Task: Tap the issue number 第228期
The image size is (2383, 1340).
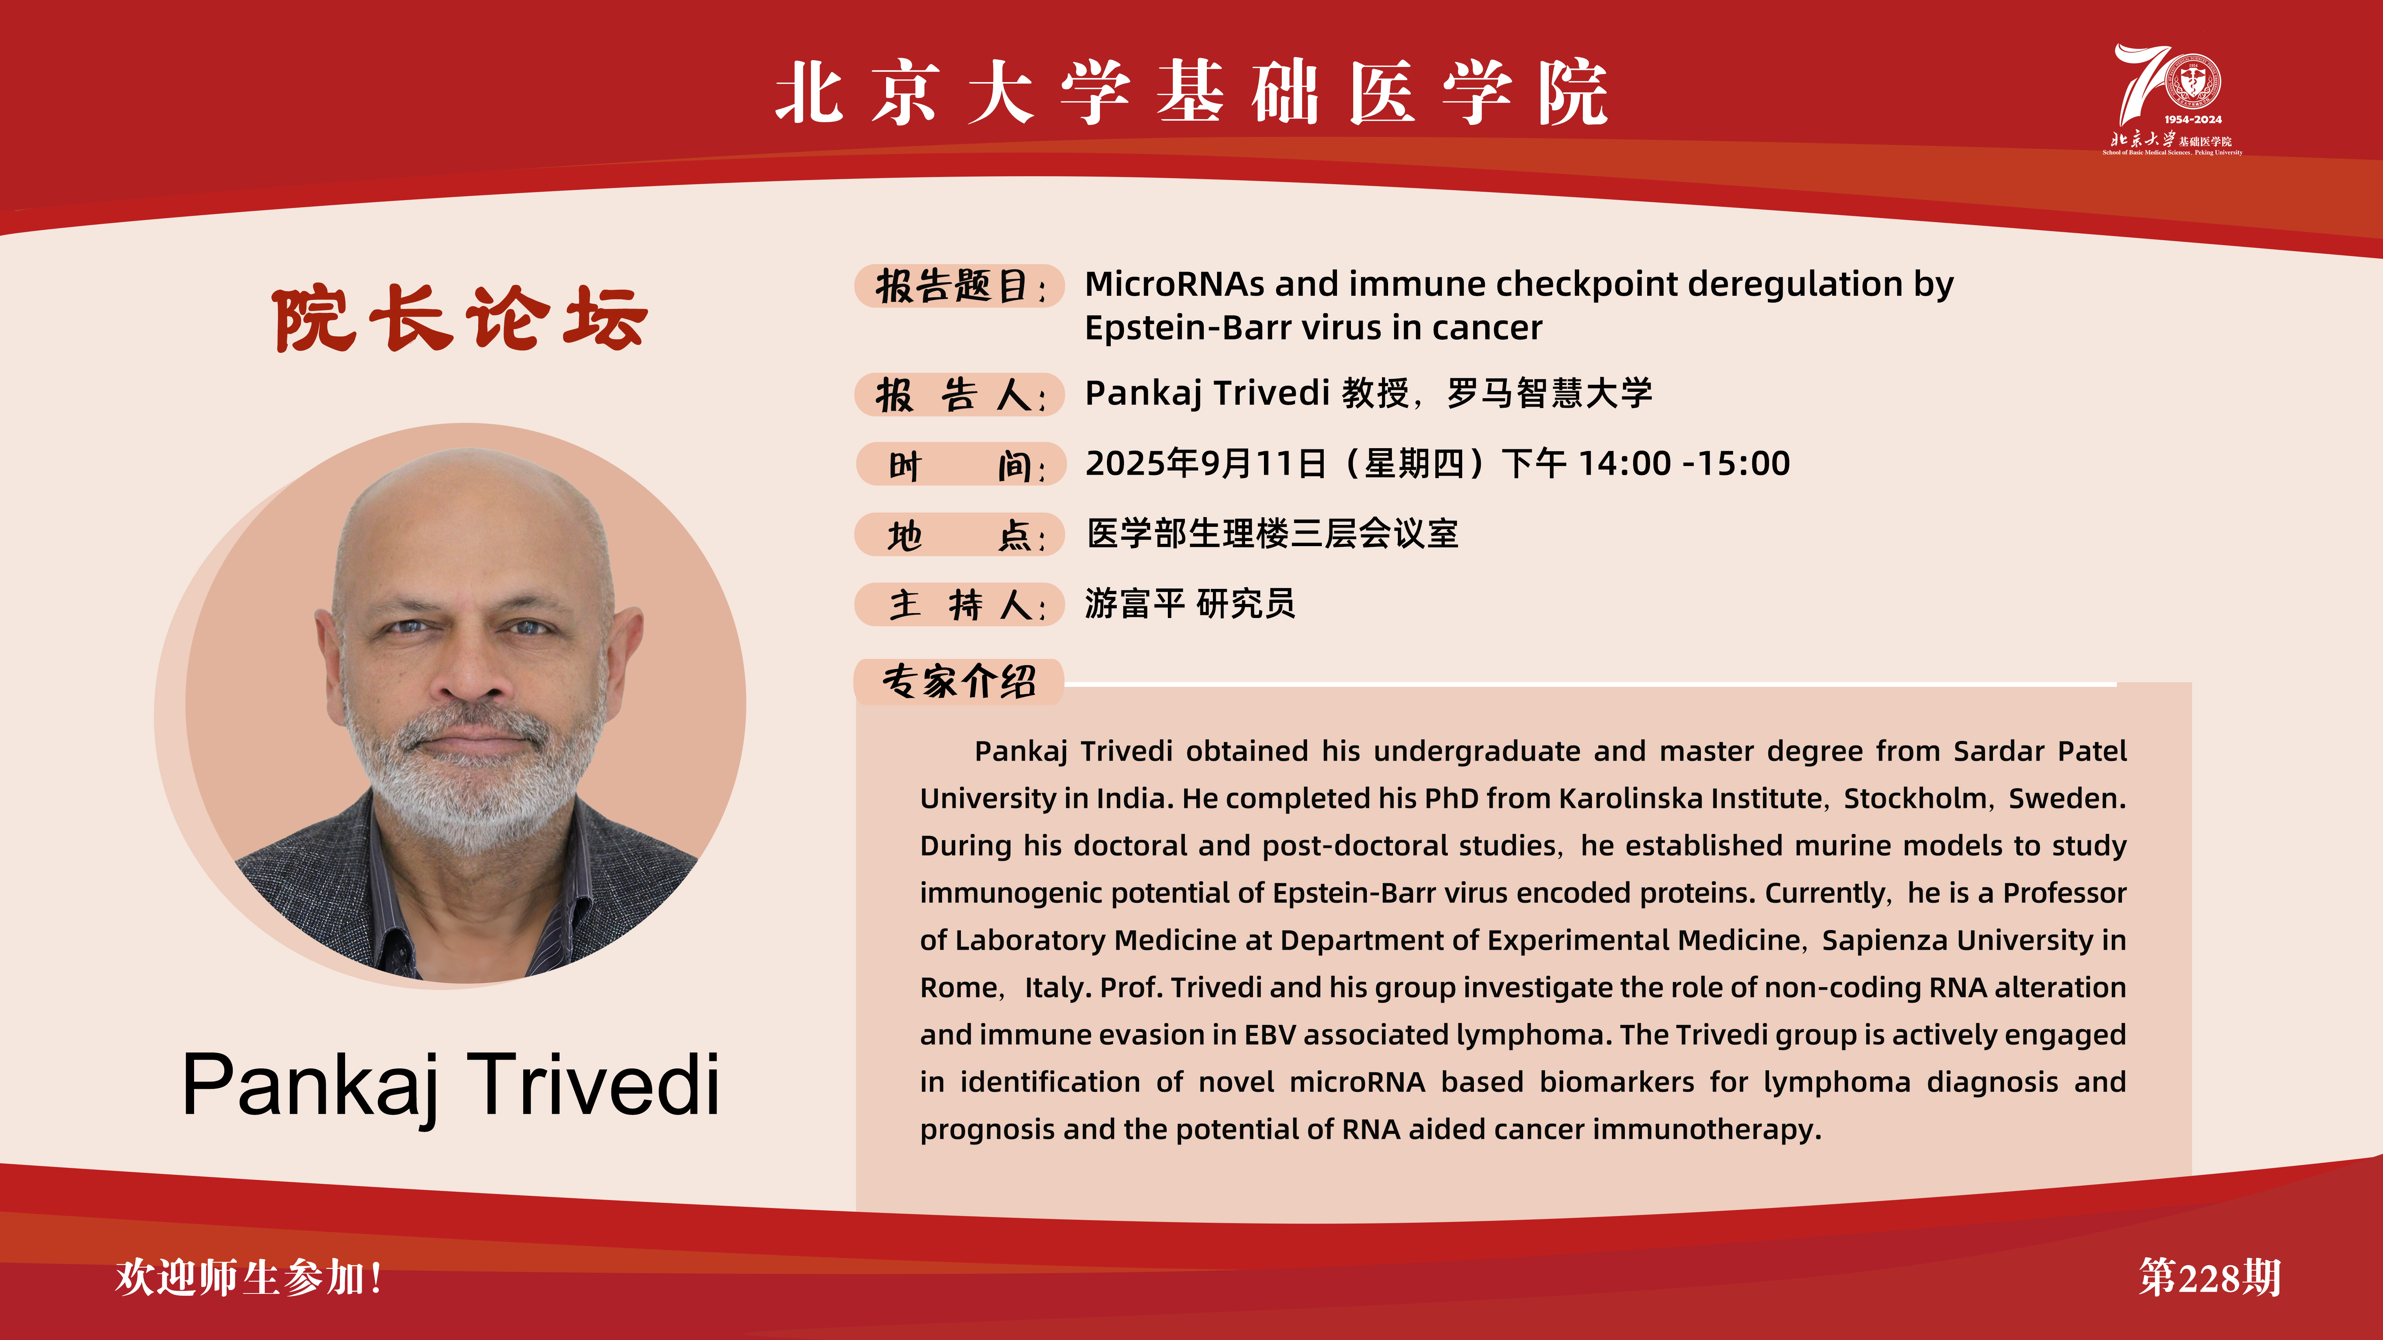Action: [x=2209, y=1277]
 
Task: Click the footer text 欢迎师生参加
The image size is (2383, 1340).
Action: [x=248, y=1277]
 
